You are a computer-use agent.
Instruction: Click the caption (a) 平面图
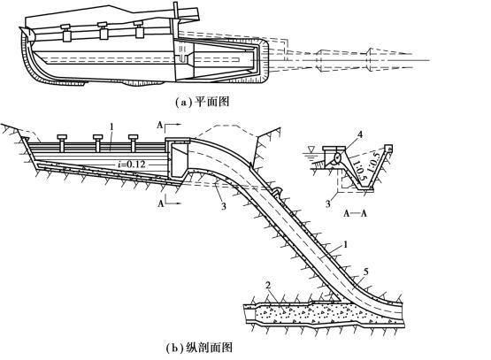point(202,102)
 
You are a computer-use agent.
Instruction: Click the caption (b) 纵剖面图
point(199,348)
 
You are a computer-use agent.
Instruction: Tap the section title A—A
point(355,213)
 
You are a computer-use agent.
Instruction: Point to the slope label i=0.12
point(131,164)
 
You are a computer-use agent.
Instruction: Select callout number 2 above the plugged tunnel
point(268,286)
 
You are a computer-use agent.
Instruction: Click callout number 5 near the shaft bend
point(365,272)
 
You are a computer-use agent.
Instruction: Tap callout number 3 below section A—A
point(328,204)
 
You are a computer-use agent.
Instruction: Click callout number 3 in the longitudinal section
point(223,206)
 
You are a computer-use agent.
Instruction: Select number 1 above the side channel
point(111,127)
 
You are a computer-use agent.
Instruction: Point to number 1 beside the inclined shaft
point(346,244)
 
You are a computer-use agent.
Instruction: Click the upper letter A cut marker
point(160,126)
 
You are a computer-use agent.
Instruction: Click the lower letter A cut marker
point(161,204)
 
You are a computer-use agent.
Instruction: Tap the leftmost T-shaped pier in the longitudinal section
point(62,141)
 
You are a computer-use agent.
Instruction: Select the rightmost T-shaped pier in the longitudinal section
point(133,141)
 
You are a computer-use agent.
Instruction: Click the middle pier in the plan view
point(103,31)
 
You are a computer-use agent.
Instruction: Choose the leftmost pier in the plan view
point(66,33)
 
